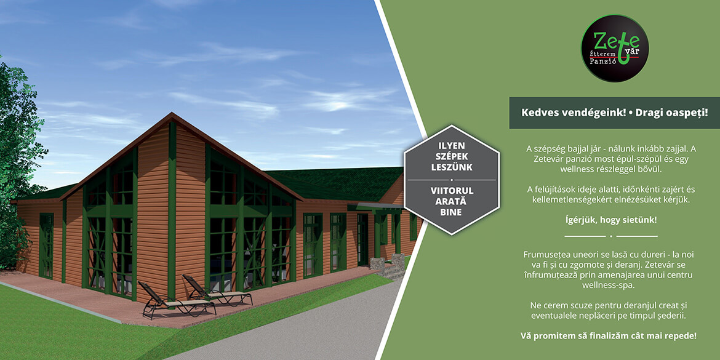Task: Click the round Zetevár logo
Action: (615, 48)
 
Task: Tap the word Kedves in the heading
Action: (537, 113)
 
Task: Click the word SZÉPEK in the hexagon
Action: (452, 156)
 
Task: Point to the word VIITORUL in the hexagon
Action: (452, 190)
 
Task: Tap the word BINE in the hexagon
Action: (452, 212)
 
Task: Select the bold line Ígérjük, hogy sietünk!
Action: (610, 220)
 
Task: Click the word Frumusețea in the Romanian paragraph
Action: (544, 254)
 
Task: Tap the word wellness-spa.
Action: (610, 285)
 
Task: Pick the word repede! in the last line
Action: (681, 336)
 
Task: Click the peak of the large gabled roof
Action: (172, 113)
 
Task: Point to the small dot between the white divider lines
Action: (610, 236)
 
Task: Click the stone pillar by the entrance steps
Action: (377, 265)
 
